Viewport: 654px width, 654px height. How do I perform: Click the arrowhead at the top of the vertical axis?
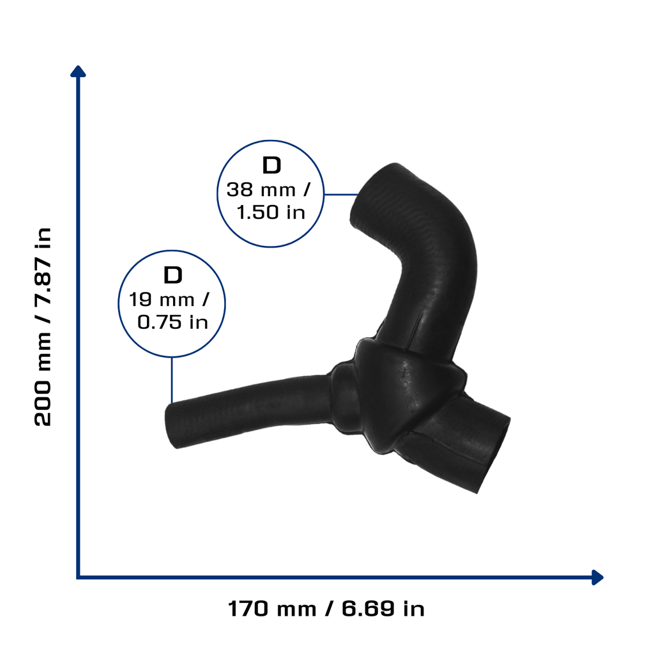[x=78, y=72]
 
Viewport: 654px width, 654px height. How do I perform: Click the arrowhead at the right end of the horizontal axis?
[x=598, y=577]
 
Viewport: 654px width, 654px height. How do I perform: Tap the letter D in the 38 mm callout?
[x=271, y=165]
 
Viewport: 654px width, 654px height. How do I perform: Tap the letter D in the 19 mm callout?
[x=173, y=275]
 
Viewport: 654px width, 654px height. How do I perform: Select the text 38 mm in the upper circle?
[x=261, y=190]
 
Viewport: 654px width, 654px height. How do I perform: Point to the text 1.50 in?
[x=271, y=212]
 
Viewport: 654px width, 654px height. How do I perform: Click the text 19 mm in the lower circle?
[x=162, y=300]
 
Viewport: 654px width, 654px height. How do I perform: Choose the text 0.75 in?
[x=172, y=322]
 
